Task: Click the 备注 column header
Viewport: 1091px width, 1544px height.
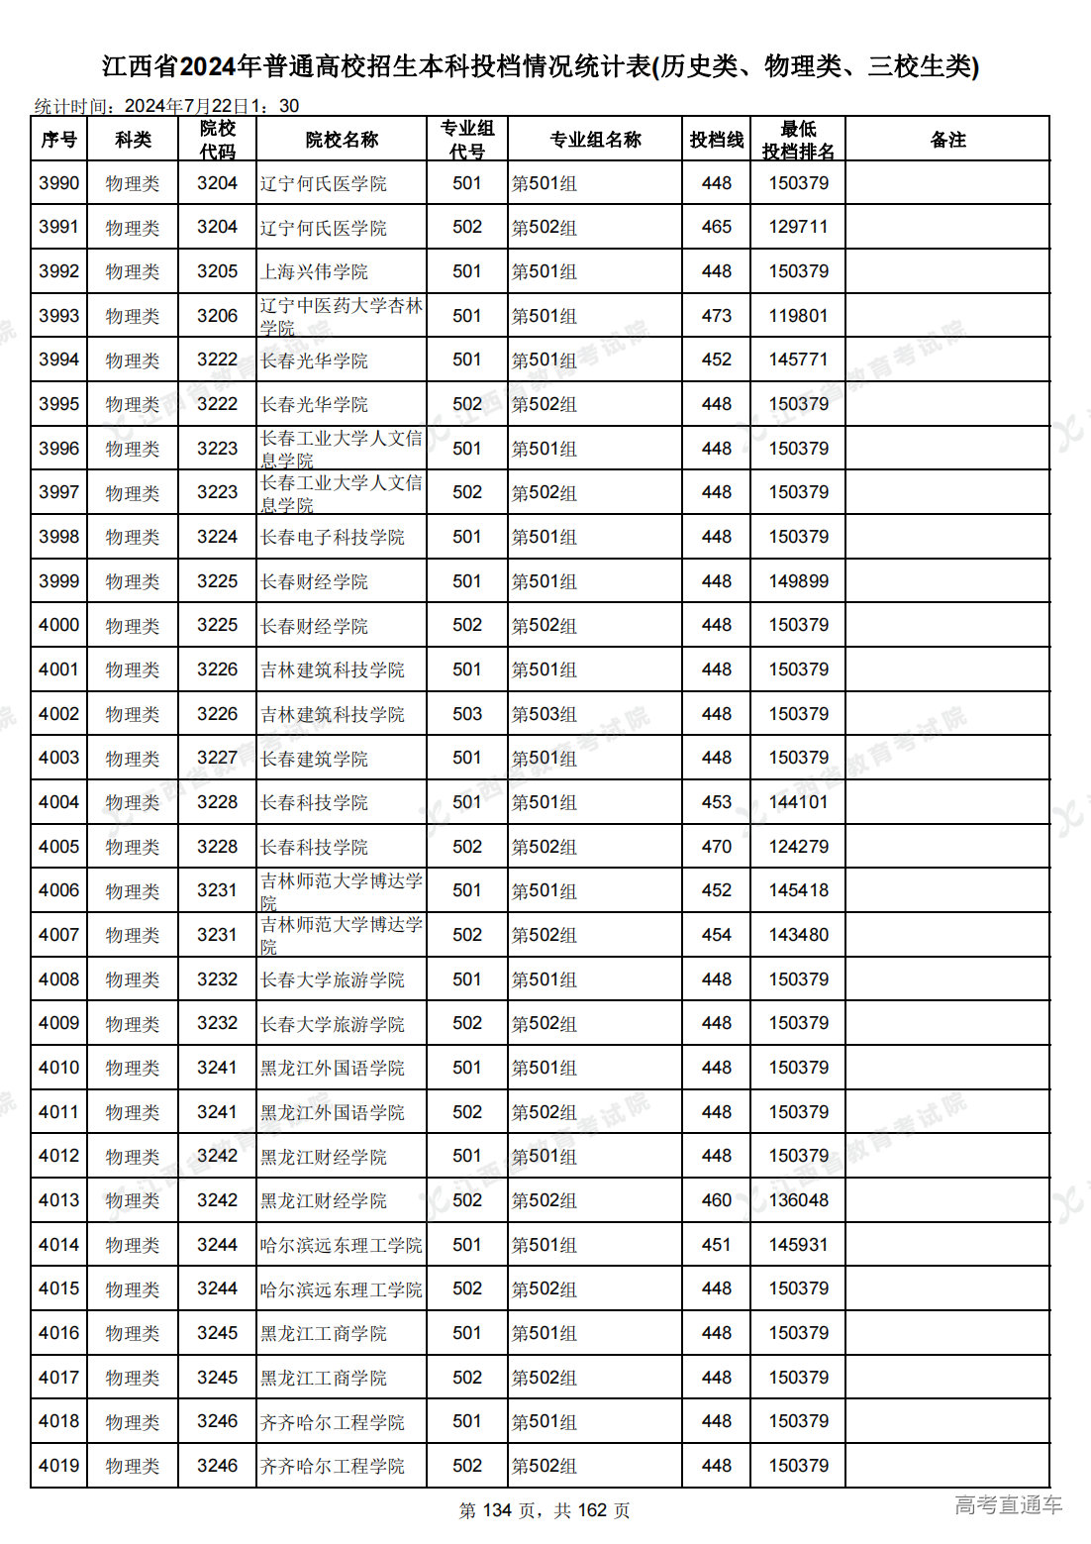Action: coord(947,140)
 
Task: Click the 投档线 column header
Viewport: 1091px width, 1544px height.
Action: coord(716,140)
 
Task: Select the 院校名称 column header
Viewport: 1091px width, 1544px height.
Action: coord(342,140)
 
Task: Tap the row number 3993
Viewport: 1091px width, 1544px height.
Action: coord(58,316)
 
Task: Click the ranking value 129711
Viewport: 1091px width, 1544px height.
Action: coord(798,227)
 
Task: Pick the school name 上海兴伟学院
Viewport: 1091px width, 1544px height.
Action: coord(314,271)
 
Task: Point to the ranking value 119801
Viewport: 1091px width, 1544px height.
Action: coord(798,316)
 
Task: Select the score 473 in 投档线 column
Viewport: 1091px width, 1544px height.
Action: coord(716,316)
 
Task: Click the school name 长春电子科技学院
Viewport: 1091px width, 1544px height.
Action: coord(333,537)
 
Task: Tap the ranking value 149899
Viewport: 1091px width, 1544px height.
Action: coord(798,581)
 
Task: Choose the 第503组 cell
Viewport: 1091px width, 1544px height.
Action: coord(544,714)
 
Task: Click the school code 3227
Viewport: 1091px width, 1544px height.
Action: coord(217,758)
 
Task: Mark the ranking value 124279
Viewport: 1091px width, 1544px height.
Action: coord(798,847)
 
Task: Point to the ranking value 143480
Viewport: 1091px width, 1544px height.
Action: coord(798,935)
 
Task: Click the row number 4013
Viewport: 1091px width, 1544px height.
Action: coord(58,1200)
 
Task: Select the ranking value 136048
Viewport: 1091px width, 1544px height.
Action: coord(798,1200)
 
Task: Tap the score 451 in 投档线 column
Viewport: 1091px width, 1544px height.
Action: coord(716,1245)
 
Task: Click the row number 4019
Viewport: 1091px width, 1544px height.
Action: coord(58,1466)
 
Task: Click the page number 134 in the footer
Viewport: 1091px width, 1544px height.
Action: coord(497,1510)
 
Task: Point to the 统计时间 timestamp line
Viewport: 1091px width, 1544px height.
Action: coord(166,106)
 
